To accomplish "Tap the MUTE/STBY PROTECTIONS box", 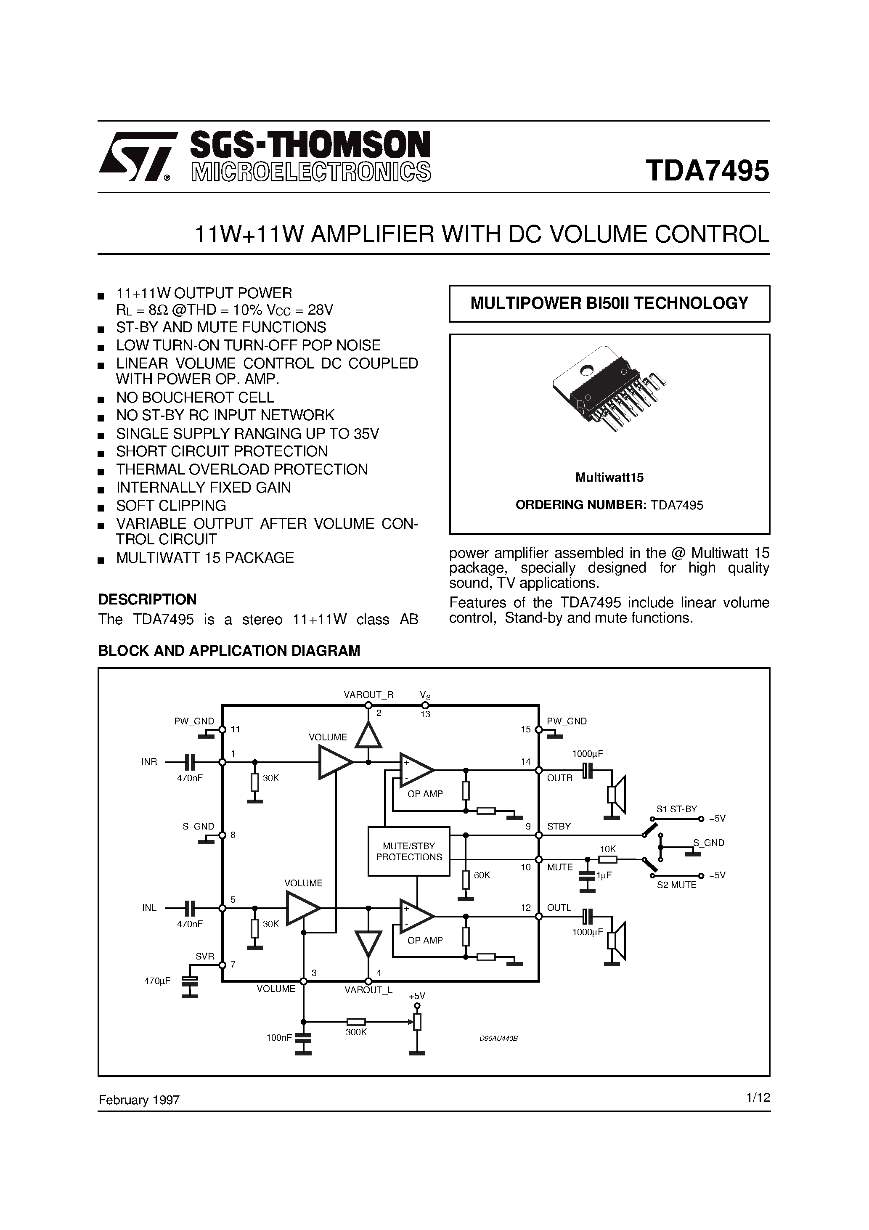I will pyautogui.click(x=409, y=851).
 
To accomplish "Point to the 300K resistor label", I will pyautogui.click(x=356, y=1032).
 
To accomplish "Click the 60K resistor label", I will pyautogui.click(x=482, y=875).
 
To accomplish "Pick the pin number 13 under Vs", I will pyautogui.click(x=425, y=714).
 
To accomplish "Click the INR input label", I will pyautogui.click(x=149, y=762).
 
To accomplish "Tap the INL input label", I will pyautogui.click(x=149, y=907).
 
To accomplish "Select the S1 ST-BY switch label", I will pyautogui.click(x=677, y=809).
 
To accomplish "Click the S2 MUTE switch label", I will pyautogui.click(x=677, y=885).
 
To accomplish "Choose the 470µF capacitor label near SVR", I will pyautogui.click(x=157, y=981).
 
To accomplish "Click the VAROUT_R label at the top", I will pyautogui.click(x=368, y=695).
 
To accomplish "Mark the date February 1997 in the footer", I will pyautogui.click(x=139, y=1100).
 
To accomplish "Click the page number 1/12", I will pyautogui.click(x=758, y=1097).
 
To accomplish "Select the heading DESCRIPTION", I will pyautogui.click(x=147, y=599).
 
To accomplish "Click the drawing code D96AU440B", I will pyautogui.click(x=498, y=1038).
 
